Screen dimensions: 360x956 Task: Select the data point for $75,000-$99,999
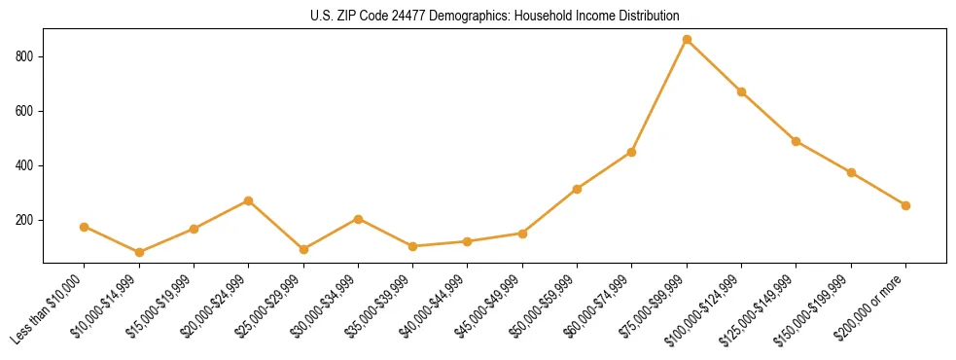[x=687, y=40]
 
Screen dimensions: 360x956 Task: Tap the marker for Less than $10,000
[x=85, y=227]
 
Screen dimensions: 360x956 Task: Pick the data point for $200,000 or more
[x=905, y=205]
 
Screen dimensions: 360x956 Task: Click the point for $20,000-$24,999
[x=249, y=200]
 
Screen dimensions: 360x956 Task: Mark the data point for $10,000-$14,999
[x=139, y=252]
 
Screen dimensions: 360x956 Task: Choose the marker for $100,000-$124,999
[x=741, y=91]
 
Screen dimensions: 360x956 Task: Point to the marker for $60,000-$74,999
[x=632, y=152]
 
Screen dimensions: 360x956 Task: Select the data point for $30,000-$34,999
[x=358, y=219]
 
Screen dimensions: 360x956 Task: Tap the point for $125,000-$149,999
[x=797, y=141]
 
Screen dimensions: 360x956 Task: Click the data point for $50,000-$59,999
[x=577, y=189]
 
